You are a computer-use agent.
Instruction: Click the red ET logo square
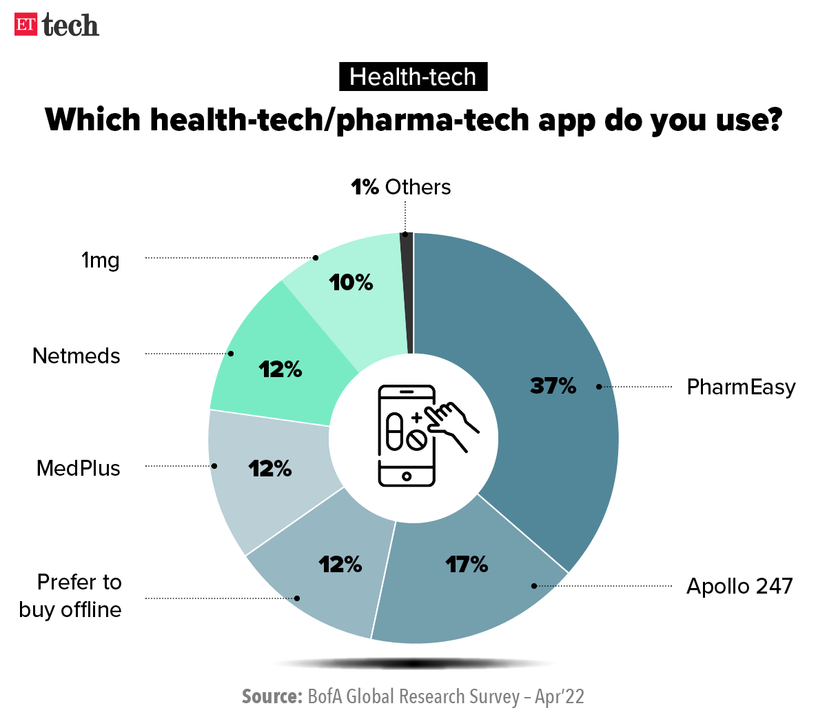point(25,24)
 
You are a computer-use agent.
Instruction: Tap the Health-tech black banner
point(413,77)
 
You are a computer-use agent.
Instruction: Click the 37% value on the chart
point(553,385)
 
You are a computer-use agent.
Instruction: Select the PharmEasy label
point(741,387)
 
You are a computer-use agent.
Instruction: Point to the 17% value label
point(467,565)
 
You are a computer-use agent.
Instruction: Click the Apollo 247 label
point(739,586)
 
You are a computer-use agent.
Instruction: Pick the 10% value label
point(351,282)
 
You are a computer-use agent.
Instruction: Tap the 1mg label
point(101,260)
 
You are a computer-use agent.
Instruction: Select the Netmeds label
point(76,356)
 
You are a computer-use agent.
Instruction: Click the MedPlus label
point(79,468)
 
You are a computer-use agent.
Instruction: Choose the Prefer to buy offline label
point(71,596)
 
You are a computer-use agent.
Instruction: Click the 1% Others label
point(400,187)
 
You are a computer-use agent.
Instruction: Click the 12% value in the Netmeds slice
point(280,370)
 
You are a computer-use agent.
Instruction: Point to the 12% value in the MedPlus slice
point(270,469)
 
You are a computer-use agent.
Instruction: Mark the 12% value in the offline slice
point(340,565)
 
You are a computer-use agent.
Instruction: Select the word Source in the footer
point(272,696)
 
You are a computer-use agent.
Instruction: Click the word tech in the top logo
point(70,26)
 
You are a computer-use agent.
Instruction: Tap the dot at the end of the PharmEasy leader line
point(599,387)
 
